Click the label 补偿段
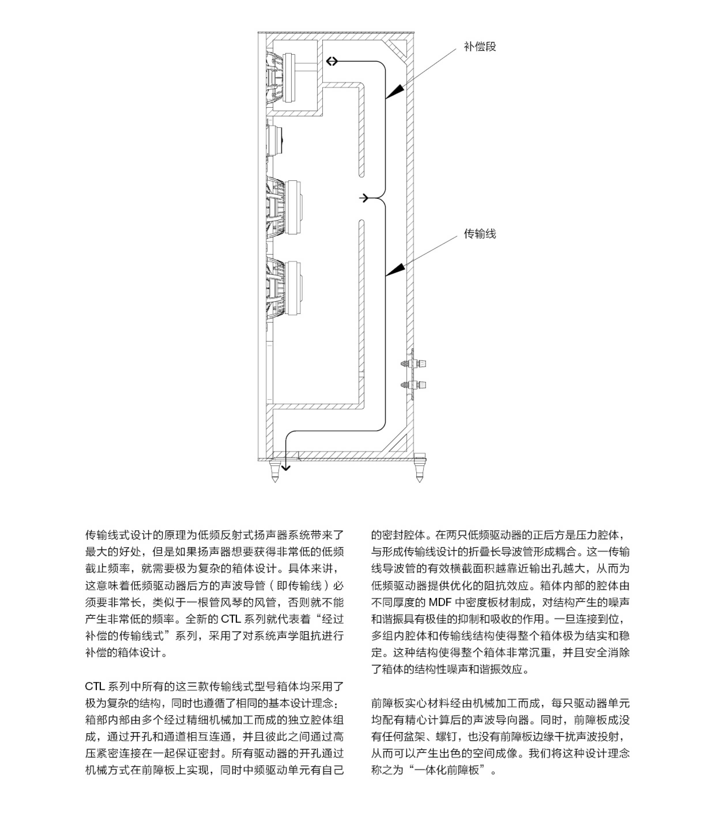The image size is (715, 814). pyautogui.click(x=479, y=47)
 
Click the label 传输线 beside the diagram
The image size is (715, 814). pyautogui.click(x=479, y=234)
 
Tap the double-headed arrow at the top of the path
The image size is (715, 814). pyautogui.click(x=332, y=61)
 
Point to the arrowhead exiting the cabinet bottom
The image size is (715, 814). pyautogui.click(x=285, y=466)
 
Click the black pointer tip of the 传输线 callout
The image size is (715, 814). pyautogui.click(x=393, y=271)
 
